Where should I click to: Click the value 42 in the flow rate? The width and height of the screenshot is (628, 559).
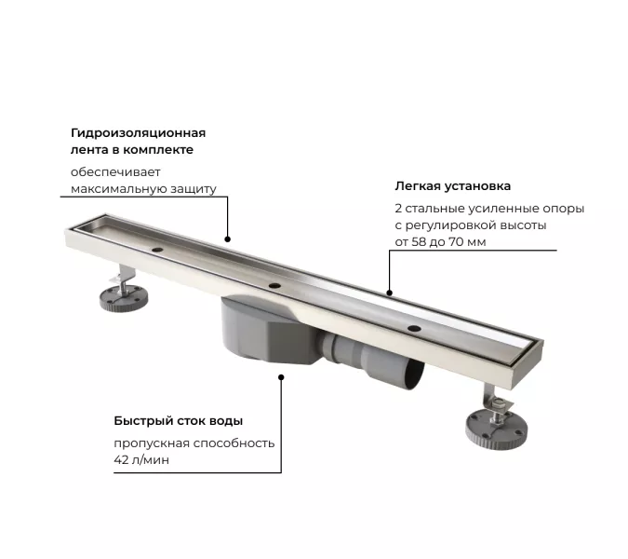click(x=122, y=459)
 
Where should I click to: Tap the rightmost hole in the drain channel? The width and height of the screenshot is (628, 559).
click(x=414, y=330)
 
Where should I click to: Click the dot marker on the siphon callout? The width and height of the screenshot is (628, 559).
click(x=282, y=376)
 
